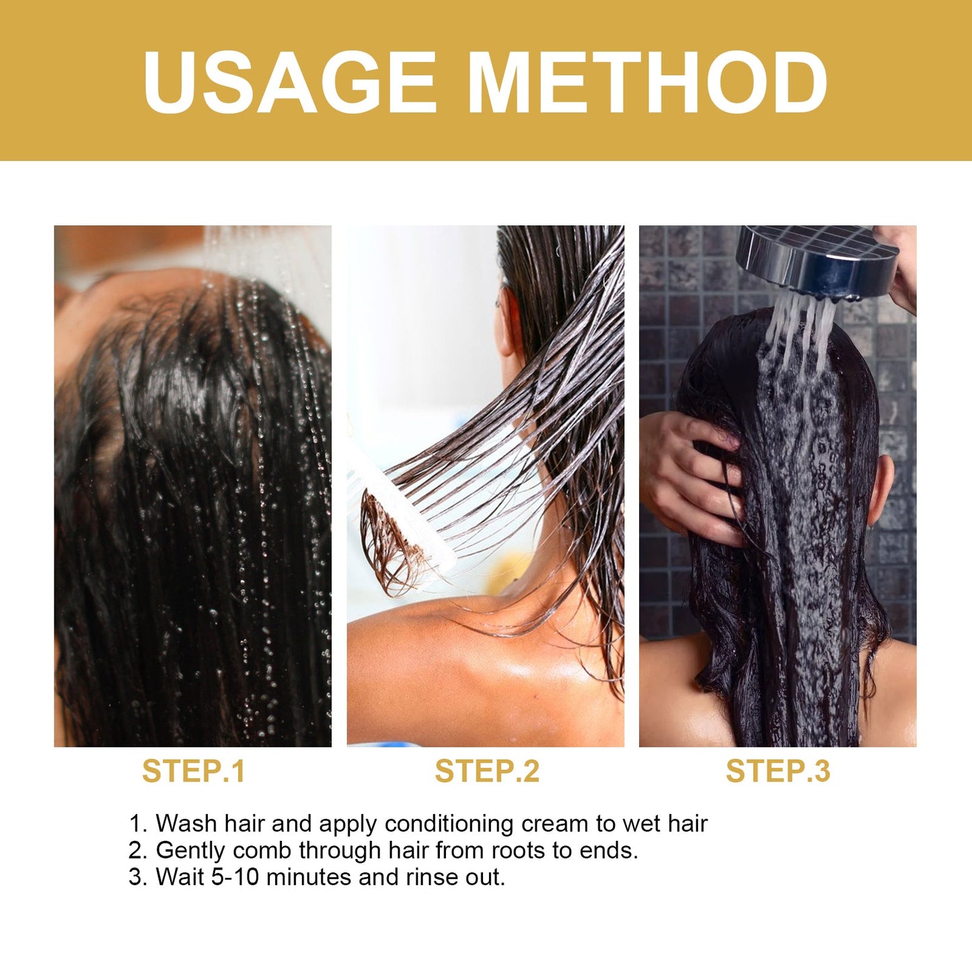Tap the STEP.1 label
194,771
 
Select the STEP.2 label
487,771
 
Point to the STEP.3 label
778,771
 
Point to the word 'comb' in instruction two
262,851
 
